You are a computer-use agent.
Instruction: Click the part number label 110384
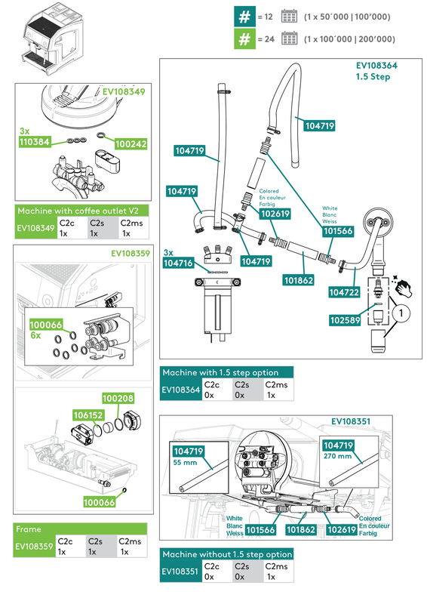(x=35, y=141)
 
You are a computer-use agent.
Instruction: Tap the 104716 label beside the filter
(x=178, y=263)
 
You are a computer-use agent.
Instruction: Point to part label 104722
(x=343, y=291)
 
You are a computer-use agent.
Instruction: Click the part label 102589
(x=343, y=319)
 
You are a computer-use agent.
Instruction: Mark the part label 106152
(x=88, y=414)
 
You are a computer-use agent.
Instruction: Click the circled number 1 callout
(x=403, y=310)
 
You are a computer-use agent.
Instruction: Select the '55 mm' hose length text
(x=186, y=461)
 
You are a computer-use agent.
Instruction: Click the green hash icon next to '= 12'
(x=243, y=16)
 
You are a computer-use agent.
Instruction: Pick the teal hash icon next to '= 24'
(x=243, y=39)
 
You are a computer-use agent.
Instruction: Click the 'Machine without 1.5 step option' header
(x=227, y=555)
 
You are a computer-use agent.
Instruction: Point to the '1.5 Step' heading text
(x=373, y=77)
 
